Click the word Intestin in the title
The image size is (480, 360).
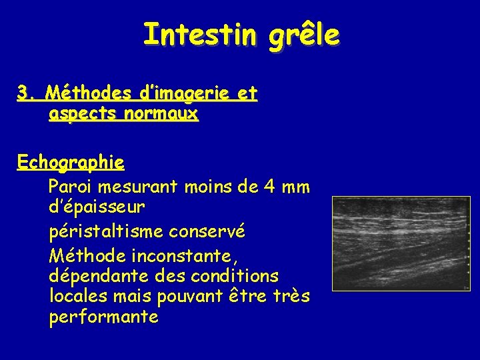point(198,34)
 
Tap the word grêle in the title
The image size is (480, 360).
point(304,35)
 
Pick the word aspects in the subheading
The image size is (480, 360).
point(80,115)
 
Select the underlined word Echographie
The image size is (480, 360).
point(71,163)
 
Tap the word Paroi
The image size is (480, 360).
point(70,187)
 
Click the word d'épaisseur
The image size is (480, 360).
point(97,208)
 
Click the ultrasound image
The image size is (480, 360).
point(401,243)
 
